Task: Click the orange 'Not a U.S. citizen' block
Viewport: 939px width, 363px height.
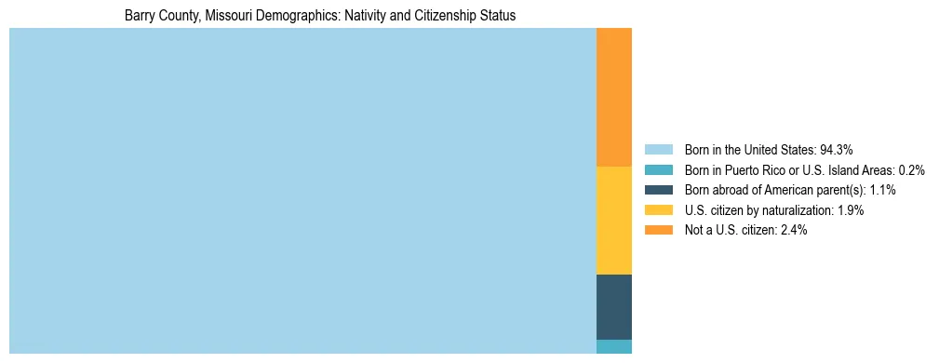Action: pyautogui.click(x=613, y=97)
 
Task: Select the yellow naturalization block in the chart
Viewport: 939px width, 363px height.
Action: pyautogui.click(x=613, y=221)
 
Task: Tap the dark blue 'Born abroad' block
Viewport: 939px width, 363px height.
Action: pyautogui.click(x=613, y=307)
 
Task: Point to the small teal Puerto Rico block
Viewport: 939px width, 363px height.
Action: pyautogui.click(x=613, y=346)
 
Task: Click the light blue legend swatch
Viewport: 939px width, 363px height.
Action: pyautogui.click(x=658, y=149)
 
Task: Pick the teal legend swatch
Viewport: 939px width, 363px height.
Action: pyautogui.click(x=658, y=169)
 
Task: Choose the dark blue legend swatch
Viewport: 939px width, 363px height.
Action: pyautogui.click(x=658, y=190)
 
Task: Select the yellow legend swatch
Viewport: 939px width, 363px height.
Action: pyautogui.click(x=658, y=210)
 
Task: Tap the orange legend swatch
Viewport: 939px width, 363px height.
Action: pyautogui.click(x=658, y=230)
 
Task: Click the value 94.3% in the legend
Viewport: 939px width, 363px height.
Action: pyautogui.click(x=837, y=149)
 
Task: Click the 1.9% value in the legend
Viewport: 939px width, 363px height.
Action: pyautogui.click(x=849, y=210)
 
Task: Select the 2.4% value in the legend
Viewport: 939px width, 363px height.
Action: pyautogui.click(x=792, y=230)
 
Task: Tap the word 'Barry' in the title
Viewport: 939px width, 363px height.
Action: pyautogui.click(x=140, y=16)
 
